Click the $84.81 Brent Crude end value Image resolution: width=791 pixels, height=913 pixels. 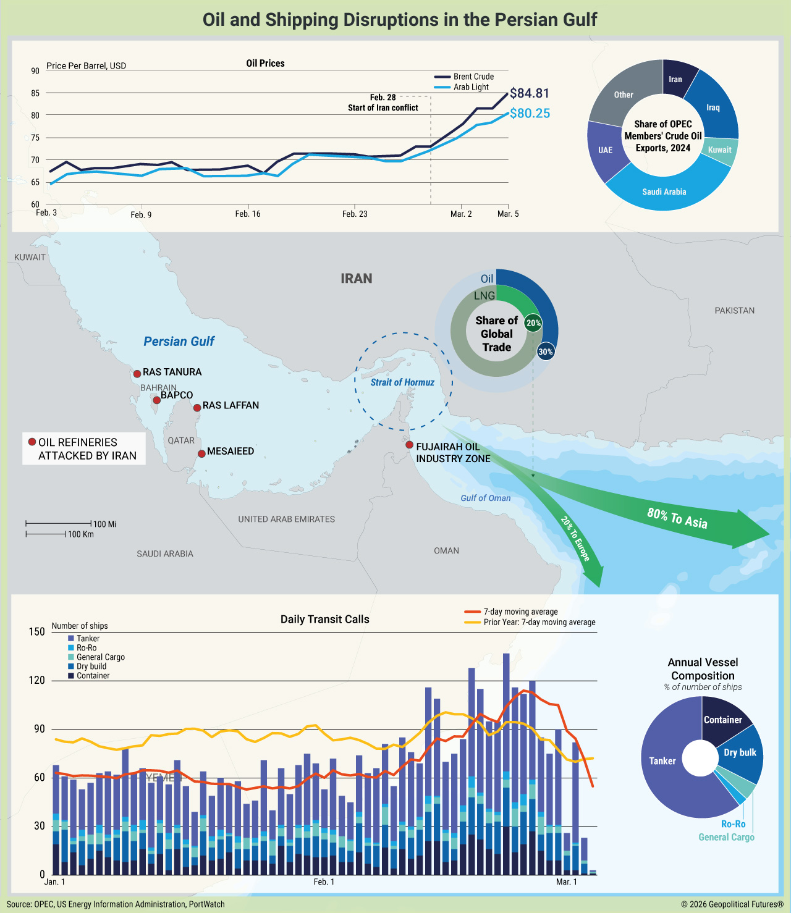click(529, 93)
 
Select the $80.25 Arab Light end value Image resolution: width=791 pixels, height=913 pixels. click(529, 114)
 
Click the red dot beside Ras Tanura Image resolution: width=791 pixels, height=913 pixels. click(137, 374)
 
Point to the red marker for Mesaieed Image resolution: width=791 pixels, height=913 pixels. click(201, 454)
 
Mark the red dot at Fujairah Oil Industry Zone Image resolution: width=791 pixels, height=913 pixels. click(409, 445)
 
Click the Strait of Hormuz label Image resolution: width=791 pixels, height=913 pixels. click(402, 382)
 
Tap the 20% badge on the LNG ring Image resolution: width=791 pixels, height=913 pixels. click(533, 323)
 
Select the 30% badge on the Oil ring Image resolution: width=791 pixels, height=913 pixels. click(546, 352)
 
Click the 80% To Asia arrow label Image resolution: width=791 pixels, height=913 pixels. click(677, 518)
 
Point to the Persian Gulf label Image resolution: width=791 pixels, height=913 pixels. click(179, 342)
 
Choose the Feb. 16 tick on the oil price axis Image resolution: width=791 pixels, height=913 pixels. click(248, 214)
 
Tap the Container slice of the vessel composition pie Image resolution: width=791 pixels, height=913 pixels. click(722, 719)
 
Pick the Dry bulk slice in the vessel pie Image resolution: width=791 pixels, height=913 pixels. click(740, 752)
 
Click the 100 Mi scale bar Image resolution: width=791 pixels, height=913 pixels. click(59, 524)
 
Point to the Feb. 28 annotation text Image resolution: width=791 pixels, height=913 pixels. click(383, 103)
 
